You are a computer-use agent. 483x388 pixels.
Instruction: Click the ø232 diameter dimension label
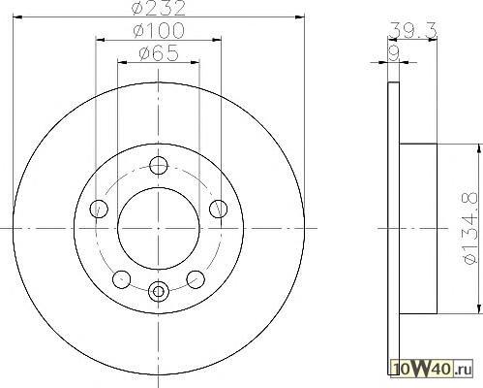tap(159, 8)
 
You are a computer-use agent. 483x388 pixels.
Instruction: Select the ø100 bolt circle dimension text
tap(159, 31)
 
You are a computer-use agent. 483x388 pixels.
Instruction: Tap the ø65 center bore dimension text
tap(159, 53)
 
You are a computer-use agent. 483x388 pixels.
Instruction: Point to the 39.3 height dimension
tap(412, 30)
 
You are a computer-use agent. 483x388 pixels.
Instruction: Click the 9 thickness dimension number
tap(394, 53)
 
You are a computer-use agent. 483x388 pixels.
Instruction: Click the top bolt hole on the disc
tap(159, 165)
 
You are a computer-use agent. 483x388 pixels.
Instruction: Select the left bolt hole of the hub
tap(99, 209)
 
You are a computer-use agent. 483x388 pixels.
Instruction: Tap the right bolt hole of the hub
tap(219, 209)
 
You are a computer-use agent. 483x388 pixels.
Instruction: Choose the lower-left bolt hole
tap(122, 279)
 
